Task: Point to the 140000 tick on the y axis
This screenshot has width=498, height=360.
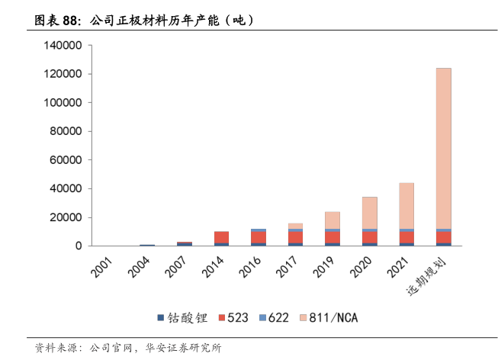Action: (63, 46)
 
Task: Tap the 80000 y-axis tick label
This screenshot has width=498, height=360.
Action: (66, 132)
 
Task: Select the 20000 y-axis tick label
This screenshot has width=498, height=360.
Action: (66, 217)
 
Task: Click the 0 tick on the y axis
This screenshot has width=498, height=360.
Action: (79, 246)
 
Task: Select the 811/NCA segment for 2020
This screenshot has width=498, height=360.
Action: (369, 212)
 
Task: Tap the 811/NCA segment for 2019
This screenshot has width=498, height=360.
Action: (333, 220)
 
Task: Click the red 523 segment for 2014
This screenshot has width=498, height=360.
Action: (221, 237)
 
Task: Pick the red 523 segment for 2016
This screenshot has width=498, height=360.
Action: (259, 237)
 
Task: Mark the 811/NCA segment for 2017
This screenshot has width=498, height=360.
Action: (295, 226)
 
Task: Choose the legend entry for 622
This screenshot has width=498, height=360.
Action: (271, 317)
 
